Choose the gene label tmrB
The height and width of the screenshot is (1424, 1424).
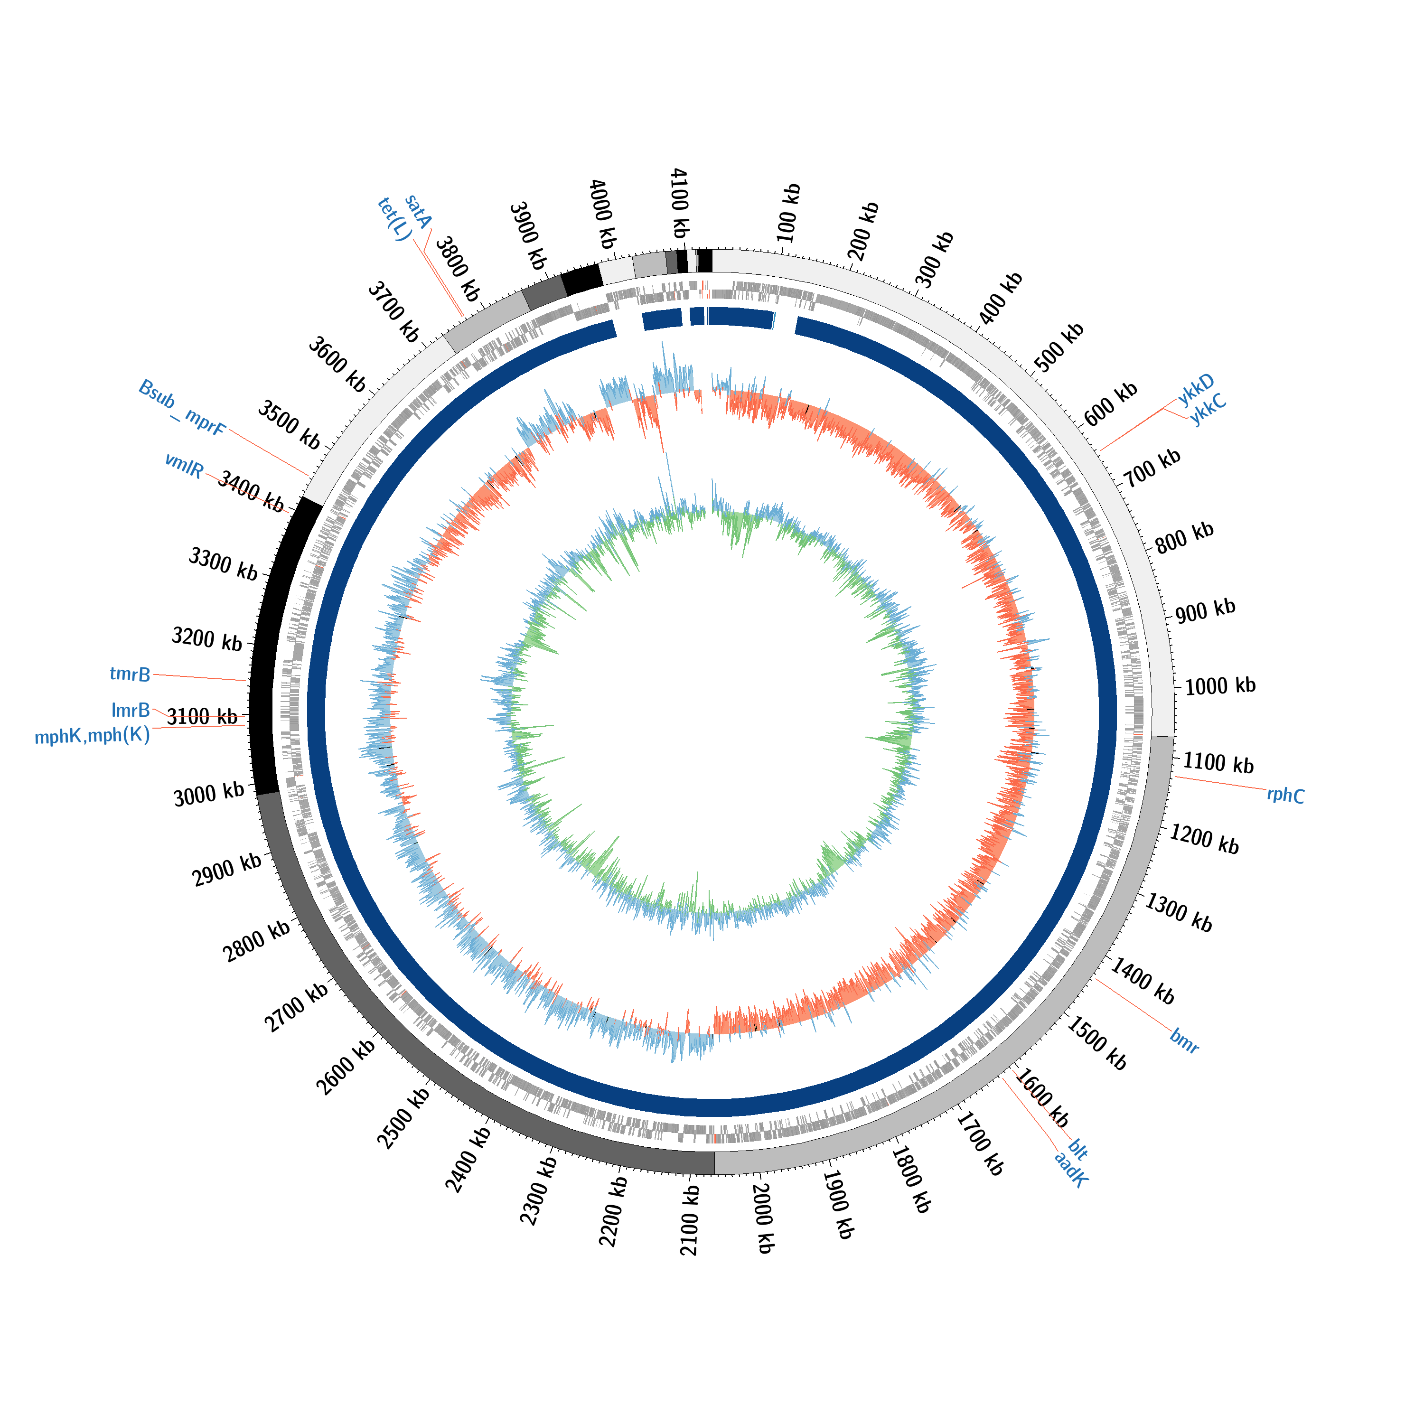tap(130, 674)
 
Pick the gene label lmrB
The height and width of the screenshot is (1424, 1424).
tap(131, 710)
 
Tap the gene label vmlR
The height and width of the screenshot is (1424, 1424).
tap(184, 465)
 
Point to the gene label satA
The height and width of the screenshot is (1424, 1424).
tap(418, 212)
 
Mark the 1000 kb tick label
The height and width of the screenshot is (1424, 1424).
tap(1220, 686)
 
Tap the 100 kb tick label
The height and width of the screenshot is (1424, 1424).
tap(788, 214)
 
